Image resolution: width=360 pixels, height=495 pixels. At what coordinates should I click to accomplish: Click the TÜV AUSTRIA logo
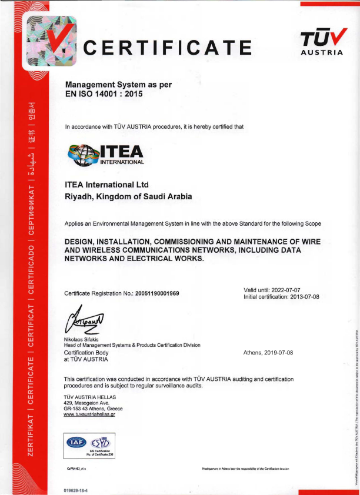pos(321,42)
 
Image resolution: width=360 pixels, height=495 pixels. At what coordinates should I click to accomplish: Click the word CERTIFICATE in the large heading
pos(168,46)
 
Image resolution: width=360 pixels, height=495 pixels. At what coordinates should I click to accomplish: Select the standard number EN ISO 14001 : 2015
pos(104,93)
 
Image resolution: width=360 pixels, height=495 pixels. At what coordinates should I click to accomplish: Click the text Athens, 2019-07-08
pos(268,352)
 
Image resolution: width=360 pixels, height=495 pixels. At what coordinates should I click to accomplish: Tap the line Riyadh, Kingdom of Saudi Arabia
pos(128,197)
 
